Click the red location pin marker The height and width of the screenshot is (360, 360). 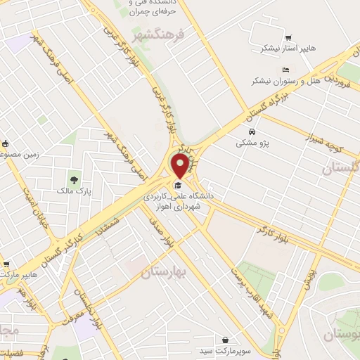(181, 167)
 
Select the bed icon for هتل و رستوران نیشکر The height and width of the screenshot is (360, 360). (285, 70)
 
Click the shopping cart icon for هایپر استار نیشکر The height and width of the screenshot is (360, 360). (288, 37)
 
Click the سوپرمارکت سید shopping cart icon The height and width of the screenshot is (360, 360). (225, 339)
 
